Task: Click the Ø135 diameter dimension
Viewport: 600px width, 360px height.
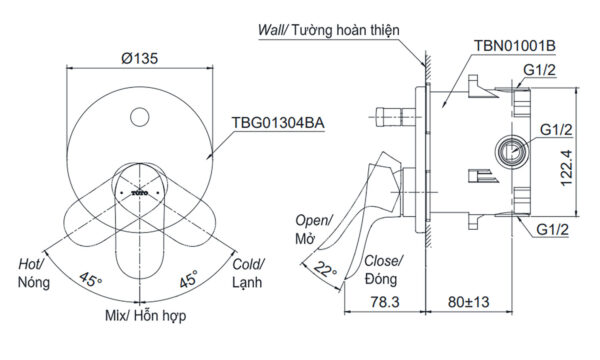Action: [x=139, y=59]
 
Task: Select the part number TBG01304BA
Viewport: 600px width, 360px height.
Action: [x=278, y=123]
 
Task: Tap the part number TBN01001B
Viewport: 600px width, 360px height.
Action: [x=515, y=46]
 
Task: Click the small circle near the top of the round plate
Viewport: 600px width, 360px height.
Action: [x=139, y=117]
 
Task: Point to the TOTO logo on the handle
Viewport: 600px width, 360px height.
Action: [x=140, y=193]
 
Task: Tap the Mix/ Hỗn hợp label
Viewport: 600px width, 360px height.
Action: [x=145, y=316]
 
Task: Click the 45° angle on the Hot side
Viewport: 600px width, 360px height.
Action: [x=90, y=279]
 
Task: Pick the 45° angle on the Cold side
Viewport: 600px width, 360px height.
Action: [x=189, y=279]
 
